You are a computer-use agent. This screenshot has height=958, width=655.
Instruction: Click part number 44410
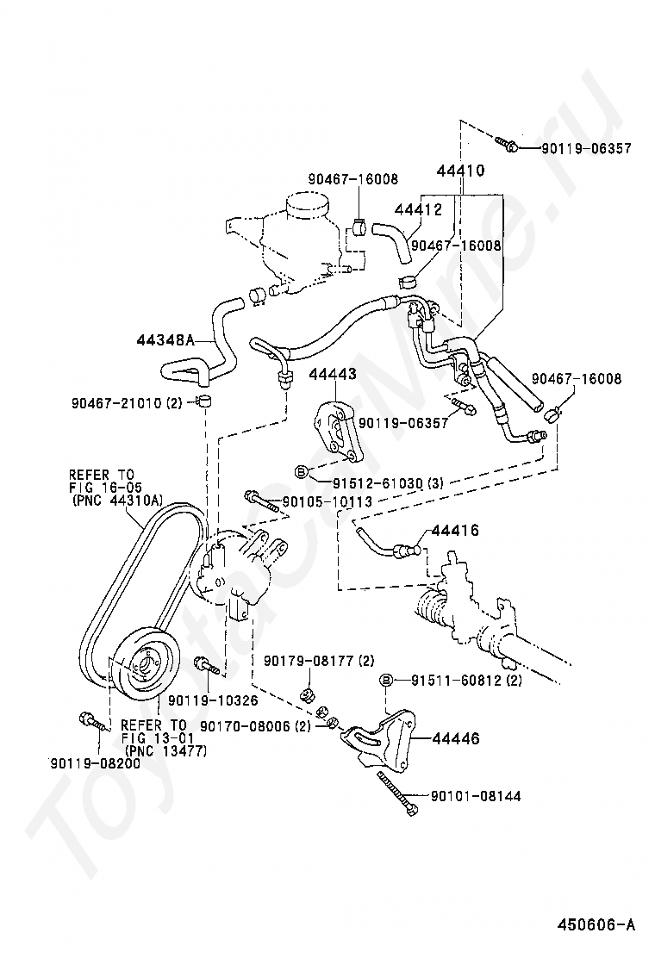(460, 171)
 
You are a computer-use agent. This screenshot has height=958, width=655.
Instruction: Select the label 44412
(418, 209)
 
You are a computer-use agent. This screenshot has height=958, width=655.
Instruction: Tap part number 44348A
(165, 339)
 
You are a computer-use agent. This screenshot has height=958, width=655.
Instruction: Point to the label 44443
(333, 374)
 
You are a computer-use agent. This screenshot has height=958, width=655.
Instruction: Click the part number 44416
(455, 531)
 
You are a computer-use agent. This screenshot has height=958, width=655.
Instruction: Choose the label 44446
(456, 738)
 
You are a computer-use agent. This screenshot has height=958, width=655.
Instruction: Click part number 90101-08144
(476, 796)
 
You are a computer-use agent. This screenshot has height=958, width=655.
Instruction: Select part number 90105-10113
(327, 502)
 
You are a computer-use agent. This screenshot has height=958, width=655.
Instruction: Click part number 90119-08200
(95, 763)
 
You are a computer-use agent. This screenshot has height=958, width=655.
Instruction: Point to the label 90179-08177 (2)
(319, 661)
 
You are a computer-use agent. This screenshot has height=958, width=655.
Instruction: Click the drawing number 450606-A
(596, 924)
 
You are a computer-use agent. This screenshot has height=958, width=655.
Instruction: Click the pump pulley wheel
(147, 661)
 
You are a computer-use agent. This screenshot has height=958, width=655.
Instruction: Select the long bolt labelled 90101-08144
(398, 793)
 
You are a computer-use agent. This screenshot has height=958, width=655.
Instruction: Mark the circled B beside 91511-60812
(386, 680)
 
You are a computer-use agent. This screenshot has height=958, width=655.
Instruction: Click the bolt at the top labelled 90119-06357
(507, 145)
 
